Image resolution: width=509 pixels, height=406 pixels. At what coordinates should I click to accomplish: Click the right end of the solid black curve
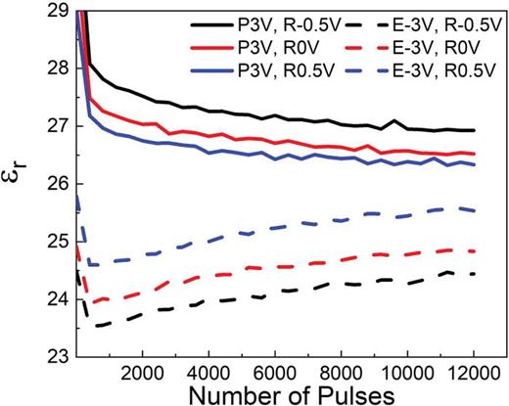[x=475, y=130]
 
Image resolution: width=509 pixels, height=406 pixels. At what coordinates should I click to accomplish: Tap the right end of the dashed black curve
[x=475, y=274]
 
